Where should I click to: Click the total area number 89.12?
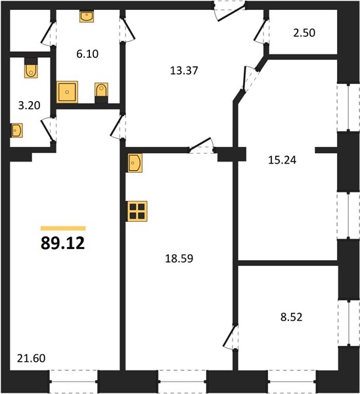62,243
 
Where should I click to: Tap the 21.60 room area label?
31,359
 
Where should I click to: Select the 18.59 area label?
179,259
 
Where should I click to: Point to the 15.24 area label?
282,160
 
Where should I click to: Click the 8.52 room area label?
292,317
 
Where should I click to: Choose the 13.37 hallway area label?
184,71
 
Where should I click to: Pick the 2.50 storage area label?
304,33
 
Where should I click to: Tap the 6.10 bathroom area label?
87,54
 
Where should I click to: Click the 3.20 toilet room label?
29,105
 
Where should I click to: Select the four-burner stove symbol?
137,211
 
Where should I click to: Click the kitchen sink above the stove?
135,163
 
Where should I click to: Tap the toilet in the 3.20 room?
31,68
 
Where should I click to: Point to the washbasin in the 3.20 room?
16,131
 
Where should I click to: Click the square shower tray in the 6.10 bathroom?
67,92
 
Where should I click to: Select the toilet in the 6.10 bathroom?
101,93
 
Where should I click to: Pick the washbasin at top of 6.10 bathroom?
87,16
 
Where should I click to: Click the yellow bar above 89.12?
63,228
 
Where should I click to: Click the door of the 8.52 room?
231,337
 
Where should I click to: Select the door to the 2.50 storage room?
261,31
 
